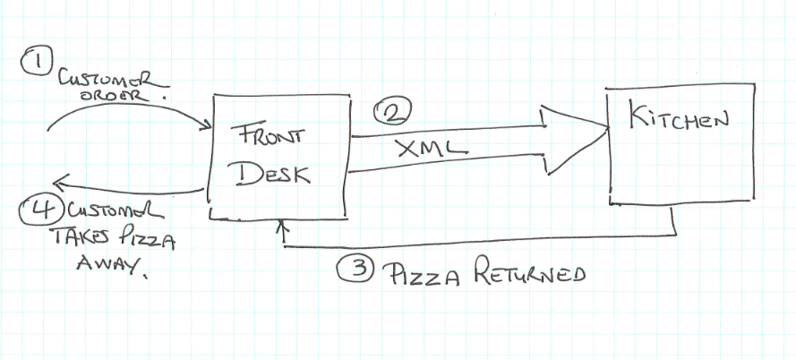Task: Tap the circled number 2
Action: (390, 112)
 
